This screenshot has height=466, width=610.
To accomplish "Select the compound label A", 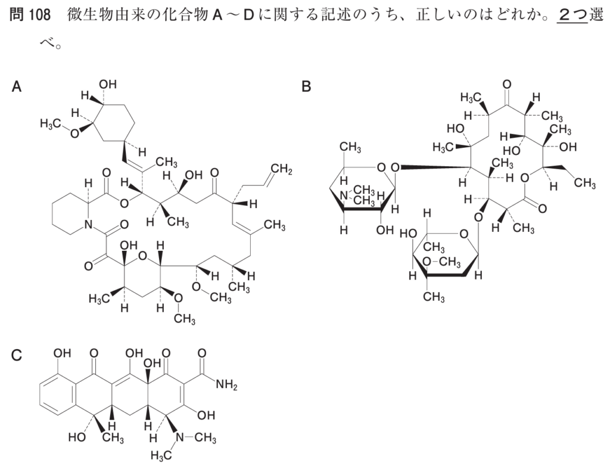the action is [16, 86].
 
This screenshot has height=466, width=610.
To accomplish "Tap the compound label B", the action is [307, 86].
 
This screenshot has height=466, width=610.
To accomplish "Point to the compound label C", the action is [16, 355].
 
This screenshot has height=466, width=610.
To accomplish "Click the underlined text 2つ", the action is [572, 15].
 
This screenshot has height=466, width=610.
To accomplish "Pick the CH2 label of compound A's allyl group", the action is [282, 170].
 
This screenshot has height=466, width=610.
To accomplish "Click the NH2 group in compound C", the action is [226, 386].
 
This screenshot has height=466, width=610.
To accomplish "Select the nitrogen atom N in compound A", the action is [88, 225].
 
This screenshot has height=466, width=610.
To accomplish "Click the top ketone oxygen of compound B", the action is [506, 85].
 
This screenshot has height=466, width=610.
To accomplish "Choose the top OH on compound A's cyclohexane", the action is [108, 84].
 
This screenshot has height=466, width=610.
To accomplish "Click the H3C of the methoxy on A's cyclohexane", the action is [51, 124].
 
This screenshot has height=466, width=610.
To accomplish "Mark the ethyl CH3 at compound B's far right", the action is [584, 182].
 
